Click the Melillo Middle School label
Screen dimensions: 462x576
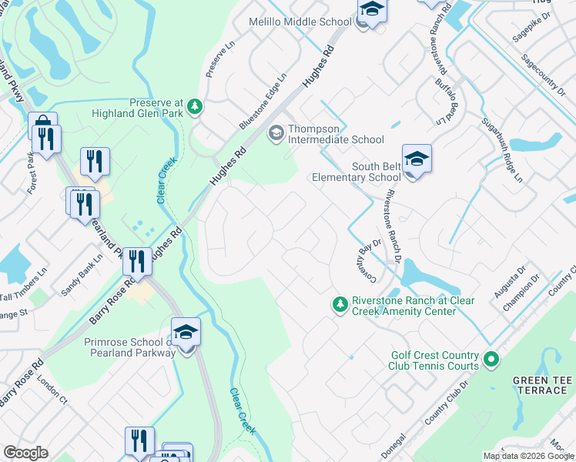pyautogui.click(x=300, y=22)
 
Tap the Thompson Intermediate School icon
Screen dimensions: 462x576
pyautogui.click(x=275, y=134)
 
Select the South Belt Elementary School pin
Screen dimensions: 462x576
pyautogui.click(x=416, y=159)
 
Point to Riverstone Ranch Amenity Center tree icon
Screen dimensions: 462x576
pyautogui.click(x=340, y=306)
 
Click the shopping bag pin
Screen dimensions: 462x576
pyautogui.click(x=42, y=126)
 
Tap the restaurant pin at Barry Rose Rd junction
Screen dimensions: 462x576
pyautogui.click(x=137, y=261)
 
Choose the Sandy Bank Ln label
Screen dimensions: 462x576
pyautogui.click(x=82, y=276)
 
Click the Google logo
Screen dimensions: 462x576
pyautogui.click(x=25, y=453)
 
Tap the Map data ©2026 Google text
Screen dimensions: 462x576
pyautogui.click(x=527, y=456)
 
